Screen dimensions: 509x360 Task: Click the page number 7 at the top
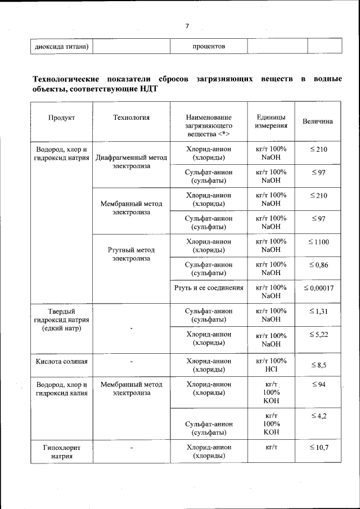click(187, 25)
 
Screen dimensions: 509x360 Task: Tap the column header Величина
click(318, 121)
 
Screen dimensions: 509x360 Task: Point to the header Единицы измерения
click(271, 121)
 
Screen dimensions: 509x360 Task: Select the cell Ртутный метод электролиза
click(131, 254)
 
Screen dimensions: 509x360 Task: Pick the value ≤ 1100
click(318, 242)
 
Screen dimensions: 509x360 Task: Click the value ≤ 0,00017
click(318, 288)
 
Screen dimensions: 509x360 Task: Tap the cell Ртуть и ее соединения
click(209, 287)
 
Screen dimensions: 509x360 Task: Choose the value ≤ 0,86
click(318, 264)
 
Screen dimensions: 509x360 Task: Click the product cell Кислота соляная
click(61, 361)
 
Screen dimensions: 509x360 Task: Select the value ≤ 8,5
click(318, 365)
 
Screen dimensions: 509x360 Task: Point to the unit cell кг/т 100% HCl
click(271, 365)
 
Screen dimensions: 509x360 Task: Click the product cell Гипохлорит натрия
click(61, 452)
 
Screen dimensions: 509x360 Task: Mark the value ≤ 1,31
click(318, 311)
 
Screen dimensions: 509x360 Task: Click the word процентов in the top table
click(209, 46)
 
